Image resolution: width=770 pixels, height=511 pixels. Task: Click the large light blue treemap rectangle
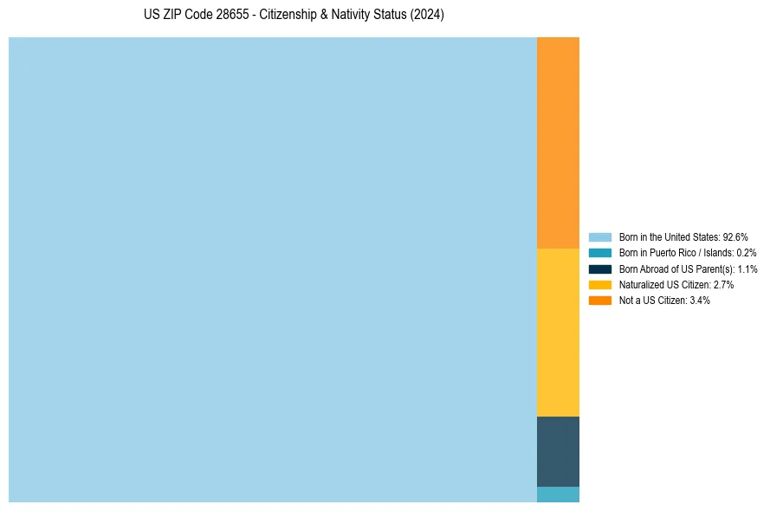273,269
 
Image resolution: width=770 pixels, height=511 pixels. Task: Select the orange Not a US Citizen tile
558,143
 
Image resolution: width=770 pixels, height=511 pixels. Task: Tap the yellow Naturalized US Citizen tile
558,333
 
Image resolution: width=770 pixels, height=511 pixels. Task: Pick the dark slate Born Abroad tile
558,451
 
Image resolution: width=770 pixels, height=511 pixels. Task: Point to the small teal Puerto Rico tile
558,495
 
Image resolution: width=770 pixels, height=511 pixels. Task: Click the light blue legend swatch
600,237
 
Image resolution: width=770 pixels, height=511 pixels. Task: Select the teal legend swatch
600,253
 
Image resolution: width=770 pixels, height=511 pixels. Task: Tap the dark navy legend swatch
600,268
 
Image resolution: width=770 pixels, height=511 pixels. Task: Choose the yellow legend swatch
600,284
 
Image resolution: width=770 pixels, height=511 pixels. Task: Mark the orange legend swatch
600,300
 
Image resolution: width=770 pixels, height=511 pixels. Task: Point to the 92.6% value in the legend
735,237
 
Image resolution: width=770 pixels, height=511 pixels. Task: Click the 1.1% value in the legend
747,268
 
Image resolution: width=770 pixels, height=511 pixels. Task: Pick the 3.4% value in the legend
700,300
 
